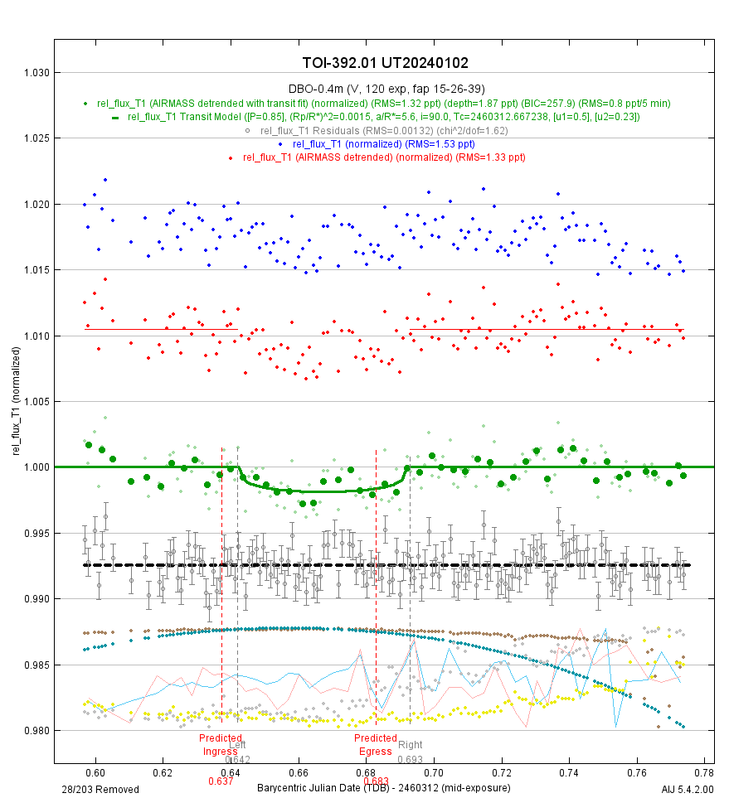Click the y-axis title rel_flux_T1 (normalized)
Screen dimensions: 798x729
(x=14, y=402)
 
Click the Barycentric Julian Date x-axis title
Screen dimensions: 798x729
(x=384, y=787)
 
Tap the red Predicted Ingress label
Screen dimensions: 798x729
(x=221, y=745)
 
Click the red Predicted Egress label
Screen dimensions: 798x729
(x=376, y=745)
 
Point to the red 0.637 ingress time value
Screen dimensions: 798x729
(x=221, y=781)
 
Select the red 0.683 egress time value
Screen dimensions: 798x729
(x=376, y=781)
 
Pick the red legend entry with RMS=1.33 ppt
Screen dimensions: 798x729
(x=383, y=157)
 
